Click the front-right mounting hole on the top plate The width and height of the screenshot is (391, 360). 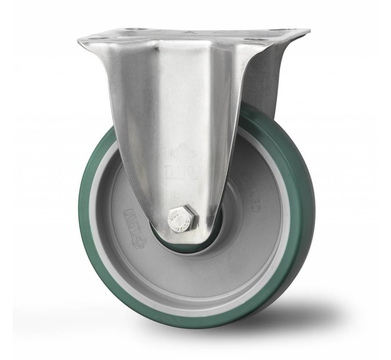pyautogui.click(x=251, y=40)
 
